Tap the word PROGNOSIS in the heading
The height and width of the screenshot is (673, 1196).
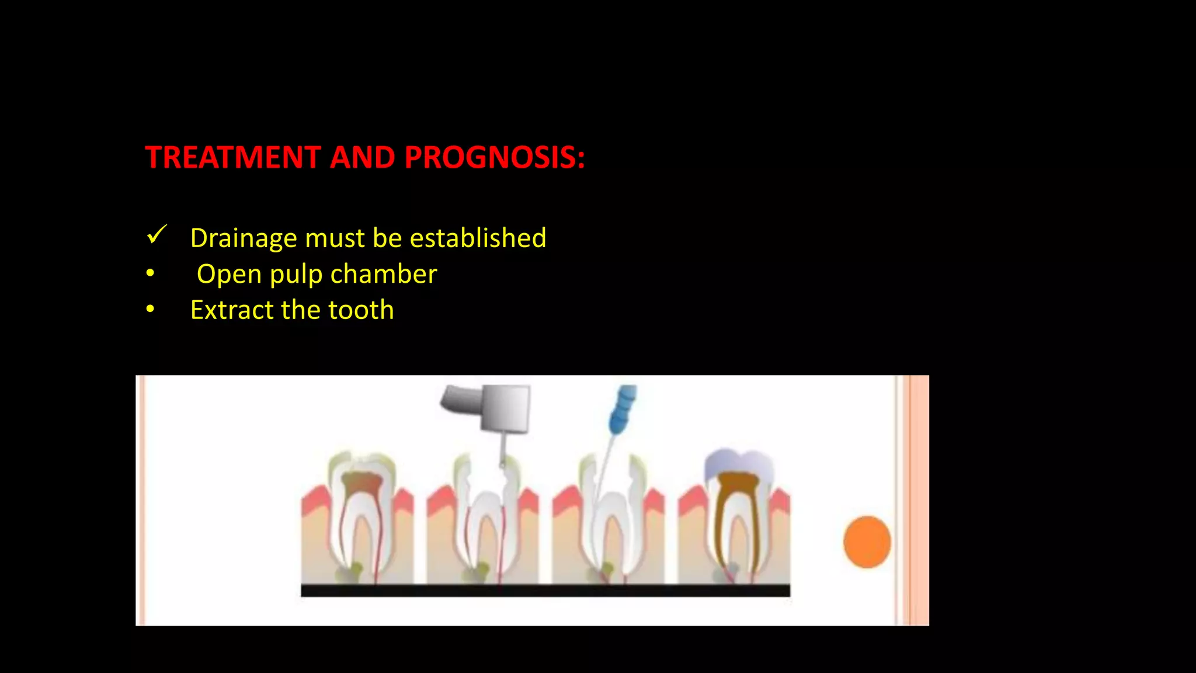(494, 158)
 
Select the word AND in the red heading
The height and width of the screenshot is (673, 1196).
(362, 158)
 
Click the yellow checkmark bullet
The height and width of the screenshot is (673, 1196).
(157, 235)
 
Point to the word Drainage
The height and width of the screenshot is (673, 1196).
(244, 238)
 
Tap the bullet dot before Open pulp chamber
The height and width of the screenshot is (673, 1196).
(151, 273)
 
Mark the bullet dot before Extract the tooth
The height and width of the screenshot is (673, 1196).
(151, 308)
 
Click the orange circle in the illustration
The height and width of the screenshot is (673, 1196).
(867, 542)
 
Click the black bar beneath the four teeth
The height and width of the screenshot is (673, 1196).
(545, 590)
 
